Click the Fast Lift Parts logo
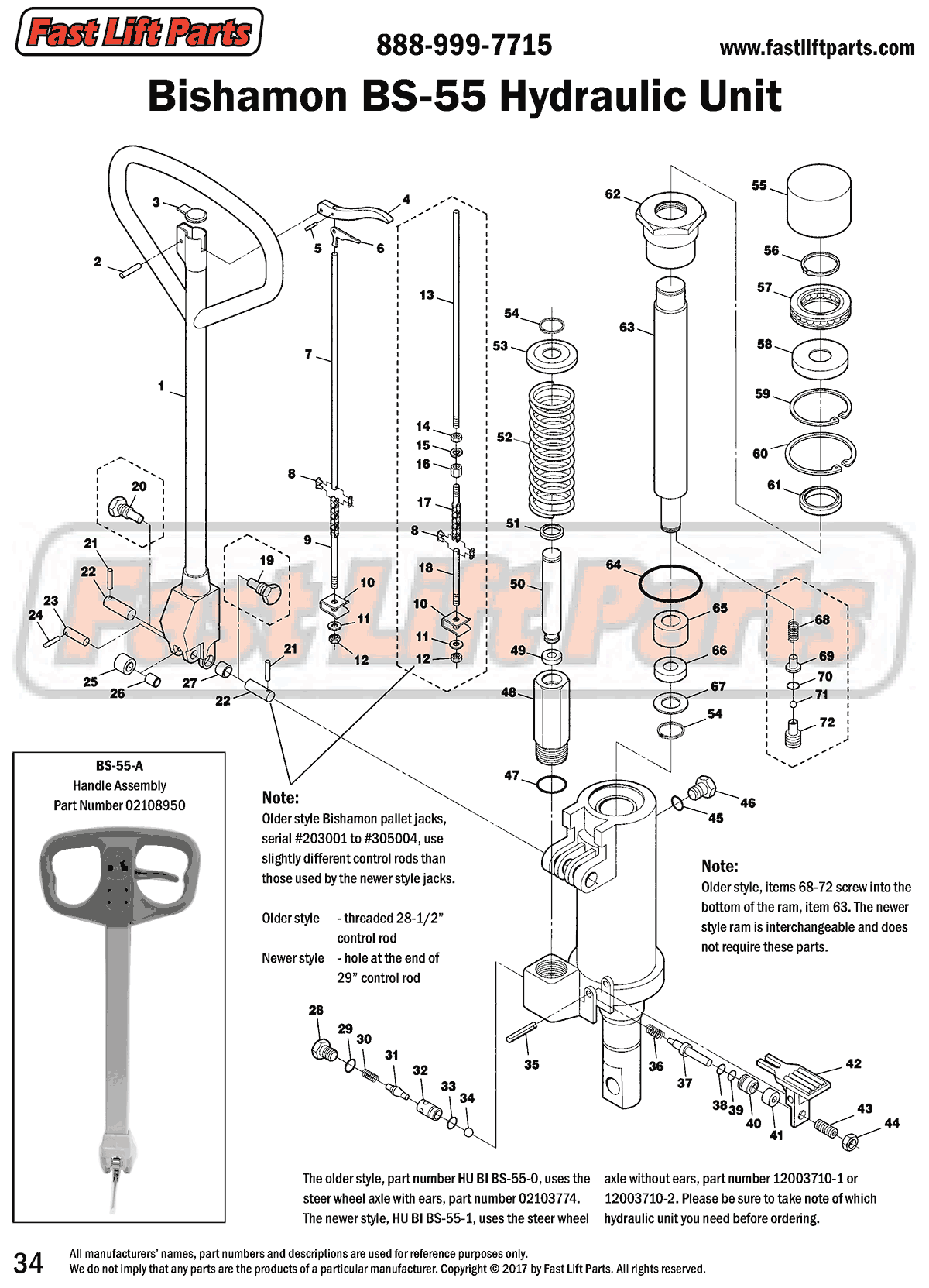139,33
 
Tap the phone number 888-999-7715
464,45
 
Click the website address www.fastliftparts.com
817,48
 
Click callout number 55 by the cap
759,185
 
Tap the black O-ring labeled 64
670,582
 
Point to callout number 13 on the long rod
427,295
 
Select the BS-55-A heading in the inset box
119,766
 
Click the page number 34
29,1262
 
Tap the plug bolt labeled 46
702,787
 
